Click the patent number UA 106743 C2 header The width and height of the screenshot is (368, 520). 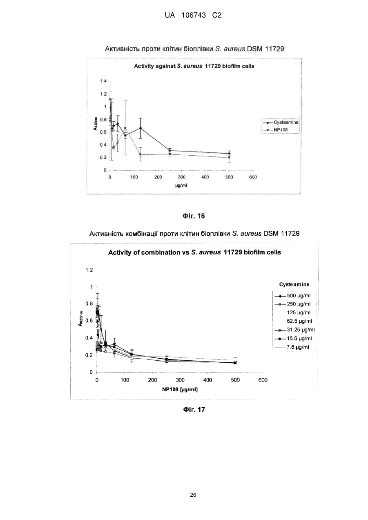(193, 16)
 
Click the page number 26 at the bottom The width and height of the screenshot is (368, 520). (193, 495)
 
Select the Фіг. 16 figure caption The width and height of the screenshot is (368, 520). (194, 216)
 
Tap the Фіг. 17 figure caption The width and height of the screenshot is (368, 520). (194, 409)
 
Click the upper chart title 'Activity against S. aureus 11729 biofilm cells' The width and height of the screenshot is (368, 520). (194, 66)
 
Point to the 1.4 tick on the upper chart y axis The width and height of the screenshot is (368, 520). (103, 81)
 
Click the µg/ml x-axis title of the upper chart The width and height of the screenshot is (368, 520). (181, 185)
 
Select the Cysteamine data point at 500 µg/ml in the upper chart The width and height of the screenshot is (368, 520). (229, 154)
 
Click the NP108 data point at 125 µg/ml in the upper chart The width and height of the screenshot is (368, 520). (140, 154)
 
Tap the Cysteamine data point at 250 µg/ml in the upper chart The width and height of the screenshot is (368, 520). (170, 151)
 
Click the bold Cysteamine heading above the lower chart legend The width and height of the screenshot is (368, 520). (294, 284)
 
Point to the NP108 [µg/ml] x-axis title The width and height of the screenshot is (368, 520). (180, 390)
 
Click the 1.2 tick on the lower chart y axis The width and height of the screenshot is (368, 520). (89, 270)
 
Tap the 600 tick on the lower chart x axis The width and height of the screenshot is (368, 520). (263, 380)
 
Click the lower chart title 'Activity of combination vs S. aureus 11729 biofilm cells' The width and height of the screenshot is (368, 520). (194, 252)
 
